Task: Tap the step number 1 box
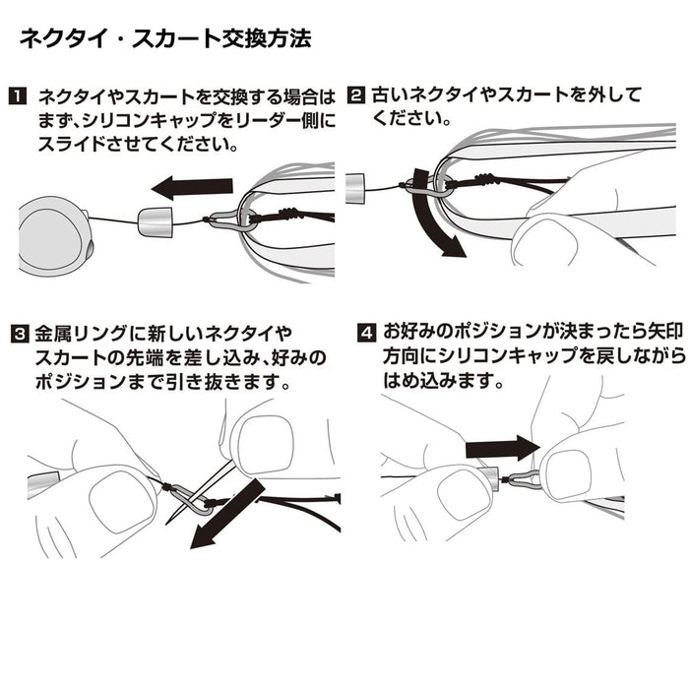coord(17,97)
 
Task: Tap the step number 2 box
coord(356,95)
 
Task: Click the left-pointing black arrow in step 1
coord(192,185)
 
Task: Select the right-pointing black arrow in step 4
coord(501,448)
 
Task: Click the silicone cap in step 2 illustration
coord(357,186)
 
